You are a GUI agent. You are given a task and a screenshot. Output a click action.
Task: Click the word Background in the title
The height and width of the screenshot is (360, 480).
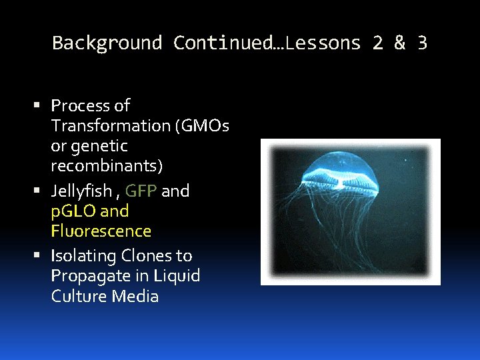(x=107, y=43)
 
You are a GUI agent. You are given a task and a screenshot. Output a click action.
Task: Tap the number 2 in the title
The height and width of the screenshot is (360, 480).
(x=378, y=43)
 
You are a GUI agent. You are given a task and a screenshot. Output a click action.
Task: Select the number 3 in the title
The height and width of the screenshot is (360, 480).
(x=421, y=43)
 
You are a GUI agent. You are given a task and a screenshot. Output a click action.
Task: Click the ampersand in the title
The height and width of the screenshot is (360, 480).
(x=399, y=43)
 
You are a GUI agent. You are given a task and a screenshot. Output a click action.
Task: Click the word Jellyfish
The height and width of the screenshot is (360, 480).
(x=81, y=191)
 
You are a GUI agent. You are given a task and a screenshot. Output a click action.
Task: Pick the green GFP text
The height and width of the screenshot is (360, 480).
(x=141, y=191)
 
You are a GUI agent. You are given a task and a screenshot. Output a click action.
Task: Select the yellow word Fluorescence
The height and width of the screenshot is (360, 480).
(x=101, y=231)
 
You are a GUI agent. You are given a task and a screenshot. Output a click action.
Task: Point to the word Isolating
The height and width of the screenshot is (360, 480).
(x=83, y=256)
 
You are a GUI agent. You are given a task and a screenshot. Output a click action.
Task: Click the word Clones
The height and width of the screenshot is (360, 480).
(x=146, y=256)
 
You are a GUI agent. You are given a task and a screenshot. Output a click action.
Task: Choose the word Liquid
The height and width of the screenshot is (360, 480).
(x=176, y=276)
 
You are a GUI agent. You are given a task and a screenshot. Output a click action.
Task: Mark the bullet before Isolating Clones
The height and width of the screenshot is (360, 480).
(x=42, y=256)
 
